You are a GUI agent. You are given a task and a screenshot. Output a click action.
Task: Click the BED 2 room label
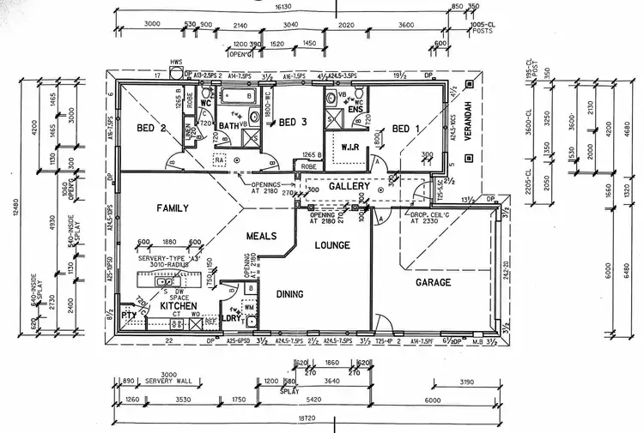point(151,129)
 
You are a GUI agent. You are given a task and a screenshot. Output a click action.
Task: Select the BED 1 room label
point(407,129)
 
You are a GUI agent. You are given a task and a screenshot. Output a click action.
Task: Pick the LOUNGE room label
point(332,246)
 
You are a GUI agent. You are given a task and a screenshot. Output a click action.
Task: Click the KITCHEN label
point(179,305)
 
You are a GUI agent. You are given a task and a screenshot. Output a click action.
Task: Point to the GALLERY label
point(349,186)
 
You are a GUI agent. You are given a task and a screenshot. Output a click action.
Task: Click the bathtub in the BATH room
point(234,95)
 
